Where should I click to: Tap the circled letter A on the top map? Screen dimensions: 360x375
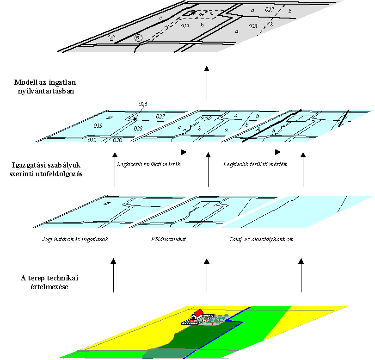point(111,37)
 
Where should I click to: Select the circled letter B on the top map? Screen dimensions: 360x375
point(138,38)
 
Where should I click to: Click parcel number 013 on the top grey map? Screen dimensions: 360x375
point(184,26)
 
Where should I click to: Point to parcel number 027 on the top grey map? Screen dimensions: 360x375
point(269,10)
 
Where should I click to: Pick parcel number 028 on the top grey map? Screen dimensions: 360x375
point(252,26)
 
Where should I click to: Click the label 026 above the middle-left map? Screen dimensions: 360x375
point(142,105)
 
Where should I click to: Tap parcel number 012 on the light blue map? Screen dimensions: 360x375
point(92,140)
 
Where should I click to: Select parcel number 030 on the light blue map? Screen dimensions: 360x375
point(117,140)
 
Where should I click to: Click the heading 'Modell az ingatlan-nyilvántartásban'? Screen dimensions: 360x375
point(46,87)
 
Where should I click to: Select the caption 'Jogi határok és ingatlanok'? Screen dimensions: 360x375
point(74,240)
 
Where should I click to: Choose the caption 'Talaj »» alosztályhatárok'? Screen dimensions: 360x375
point(261,240)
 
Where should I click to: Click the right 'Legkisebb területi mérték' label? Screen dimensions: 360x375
point(255,164)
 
